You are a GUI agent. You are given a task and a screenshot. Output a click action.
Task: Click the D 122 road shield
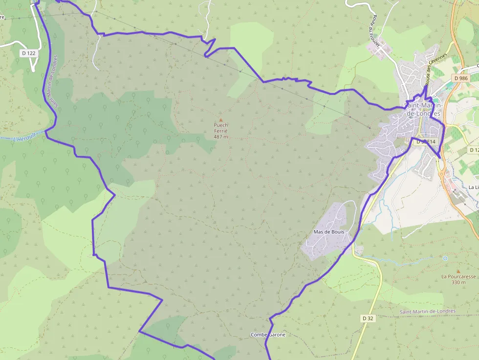(x=29, y=53)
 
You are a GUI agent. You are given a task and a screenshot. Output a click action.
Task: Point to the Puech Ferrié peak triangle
(x=220, y=120)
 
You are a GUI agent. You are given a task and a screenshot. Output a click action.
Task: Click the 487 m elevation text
(x=221, y=137)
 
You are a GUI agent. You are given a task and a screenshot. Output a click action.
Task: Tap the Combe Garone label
(x=268, y=335)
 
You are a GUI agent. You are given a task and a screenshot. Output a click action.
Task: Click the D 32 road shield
(x=368, y=318)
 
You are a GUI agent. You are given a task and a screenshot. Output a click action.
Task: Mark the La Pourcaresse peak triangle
(x=458, y=271)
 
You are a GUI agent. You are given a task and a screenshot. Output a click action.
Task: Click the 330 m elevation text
(x=458, y=282)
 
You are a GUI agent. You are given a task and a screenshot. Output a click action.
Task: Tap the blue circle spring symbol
(x=445, y=258)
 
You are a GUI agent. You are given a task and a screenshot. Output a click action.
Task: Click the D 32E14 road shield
(x=424, y=142)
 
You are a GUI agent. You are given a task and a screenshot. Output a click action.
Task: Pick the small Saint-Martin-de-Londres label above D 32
(x=427, y=311)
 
